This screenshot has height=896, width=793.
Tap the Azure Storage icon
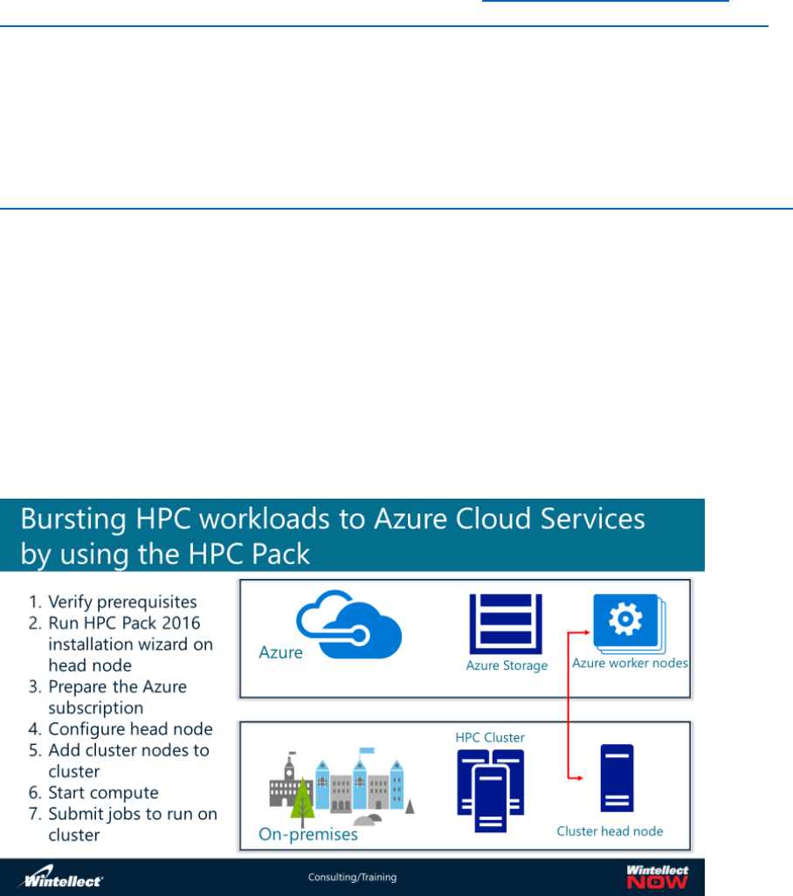tap(506, 624)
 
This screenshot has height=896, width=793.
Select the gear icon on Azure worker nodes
tap(624, 620)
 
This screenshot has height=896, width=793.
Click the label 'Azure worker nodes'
tap(630, 664)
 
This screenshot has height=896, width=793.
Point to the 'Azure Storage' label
tap(507, 666)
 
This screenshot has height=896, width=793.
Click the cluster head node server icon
tap(617, 778)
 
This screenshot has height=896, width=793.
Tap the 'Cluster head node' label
tap(610, 831)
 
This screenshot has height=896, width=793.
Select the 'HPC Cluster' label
tap(490, 738)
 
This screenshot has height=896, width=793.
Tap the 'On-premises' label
tap(308, 835)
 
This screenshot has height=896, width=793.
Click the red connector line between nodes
tap(569, 699)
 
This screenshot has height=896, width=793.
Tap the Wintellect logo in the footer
tap(63, 877)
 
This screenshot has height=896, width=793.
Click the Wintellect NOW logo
tap(657, 877)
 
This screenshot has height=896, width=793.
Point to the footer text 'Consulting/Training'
tap(352, 878)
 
